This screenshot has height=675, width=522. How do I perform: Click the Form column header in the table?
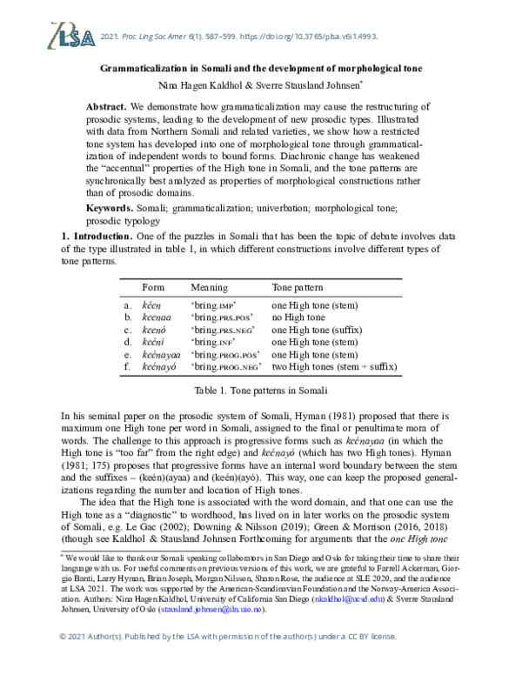[153, 287]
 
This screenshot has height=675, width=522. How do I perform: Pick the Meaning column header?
[209, 287]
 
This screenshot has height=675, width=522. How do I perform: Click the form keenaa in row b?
[157, 317]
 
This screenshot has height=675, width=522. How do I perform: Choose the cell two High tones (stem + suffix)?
[334, 367]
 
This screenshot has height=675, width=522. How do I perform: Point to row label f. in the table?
[128, 367]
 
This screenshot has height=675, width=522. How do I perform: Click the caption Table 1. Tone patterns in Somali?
[261, 391]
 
